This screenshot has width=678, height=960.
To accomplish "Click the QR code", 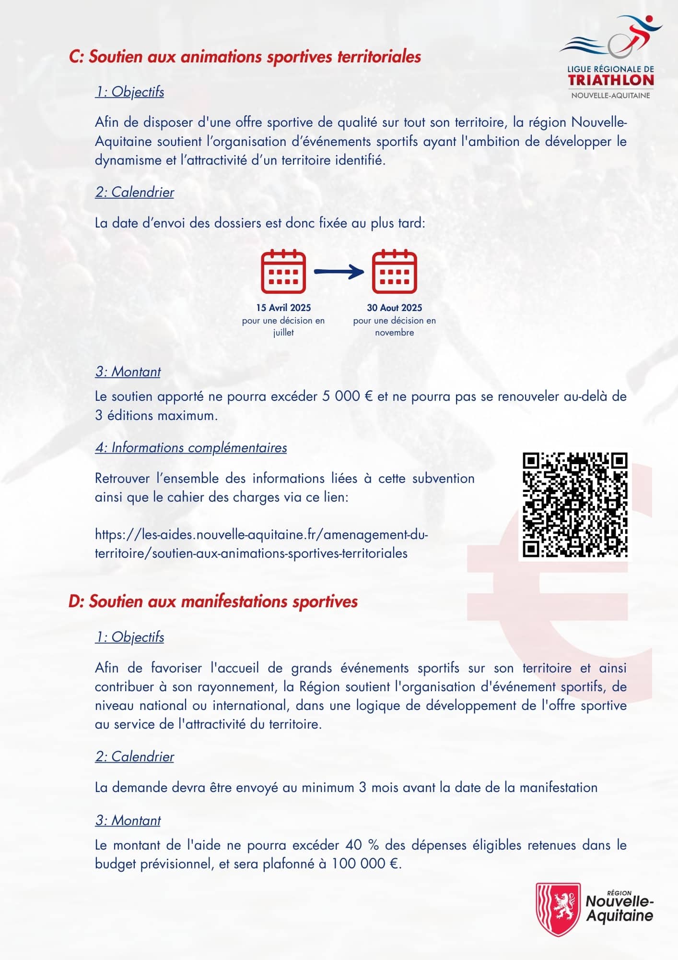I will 574,505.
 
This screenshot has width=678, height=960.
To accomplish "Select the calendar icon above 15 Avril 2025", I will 283,272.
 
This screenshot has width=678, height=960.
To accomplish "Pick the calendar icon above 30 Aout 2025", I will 395,272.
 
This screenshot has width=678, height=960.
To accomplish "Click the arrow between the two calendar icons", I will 339,272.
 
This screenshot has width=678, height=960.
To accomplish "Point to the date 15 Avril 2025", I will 283,308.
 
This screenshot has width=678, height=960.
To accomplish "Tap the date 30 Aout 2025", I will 395,308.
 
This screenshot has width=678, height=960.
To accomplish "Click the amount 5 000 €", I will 348,397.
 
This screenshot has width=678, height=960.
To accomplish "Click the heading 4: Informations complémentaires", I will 191,448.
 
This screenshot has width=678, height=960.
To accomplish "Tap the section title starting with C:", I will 245,57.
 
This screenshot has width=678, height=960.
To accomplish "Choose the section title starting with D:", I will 213,601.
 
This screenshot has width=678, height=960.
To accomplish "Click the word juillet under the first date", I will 283,333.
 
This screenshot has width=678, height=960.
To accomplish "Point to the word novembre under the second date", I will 395,333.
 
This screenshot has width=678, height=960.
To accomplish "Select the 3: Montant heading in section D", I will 128,820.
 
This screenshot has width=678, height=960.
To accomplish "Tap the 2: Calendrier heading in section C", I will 134,192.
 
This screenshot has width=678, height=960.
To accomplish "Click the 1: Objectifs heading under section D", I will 129,637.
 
